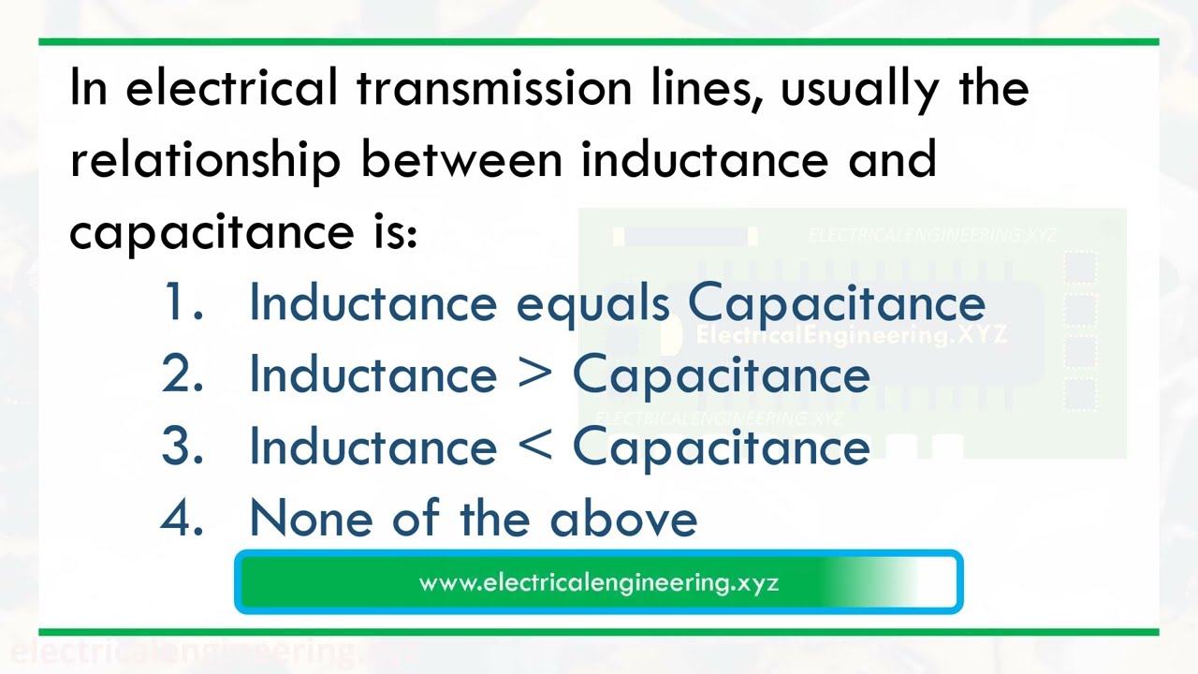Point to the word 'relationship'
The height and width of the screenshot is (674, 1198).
click(x=205, y=160)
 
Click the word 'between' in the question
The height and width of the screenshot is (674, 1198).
click(x=461, y=160)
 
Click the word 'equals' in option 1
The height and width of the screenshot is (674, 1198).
click(x=592, y=304)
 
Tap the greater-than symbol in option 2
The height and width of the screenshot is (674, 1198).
click(x=534, y=375)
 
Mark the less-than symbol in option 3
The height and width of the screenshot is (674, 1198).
click(x=534, y=447)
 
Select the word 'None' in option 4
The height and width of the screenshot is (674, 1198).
click(x=312, y=518)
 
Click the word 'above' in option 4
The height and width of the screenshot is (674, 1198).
click(x=623, y=518)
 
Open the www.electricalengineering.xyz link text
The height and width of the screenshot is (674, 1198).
click(x=599, y=582)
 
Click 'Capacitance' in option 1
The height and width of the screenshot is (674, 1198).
click(x=837, y=304)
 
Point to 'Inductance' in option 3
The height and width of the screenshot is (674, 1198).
click(x=373, y=447)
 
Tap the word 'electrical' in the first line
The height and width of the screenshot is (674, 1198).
click(x=231, y=88)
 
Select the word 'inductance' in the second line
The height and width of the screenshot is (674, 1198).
click(x=705, y=160)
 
